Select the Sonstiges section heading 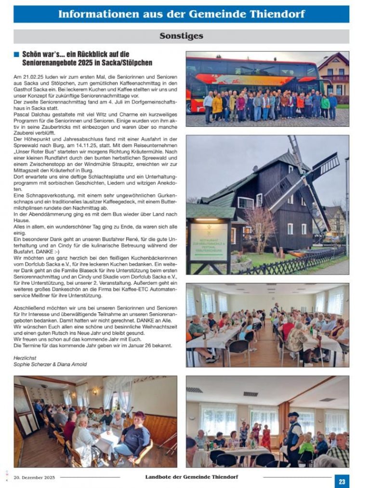coord(181,36)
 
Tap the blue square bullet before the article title coord(17,54)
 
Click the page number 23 coord(342,481)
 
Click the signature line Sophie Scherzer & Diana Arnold coord(50,364)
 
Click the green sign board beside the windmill coord(209,241)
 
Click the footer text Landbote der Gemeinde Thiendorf coord(191,477)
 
